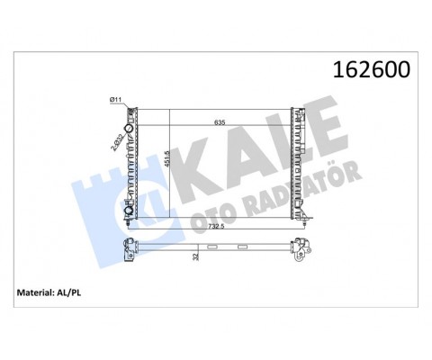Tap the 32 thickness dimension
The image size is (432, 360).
(x=195, y=256)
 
